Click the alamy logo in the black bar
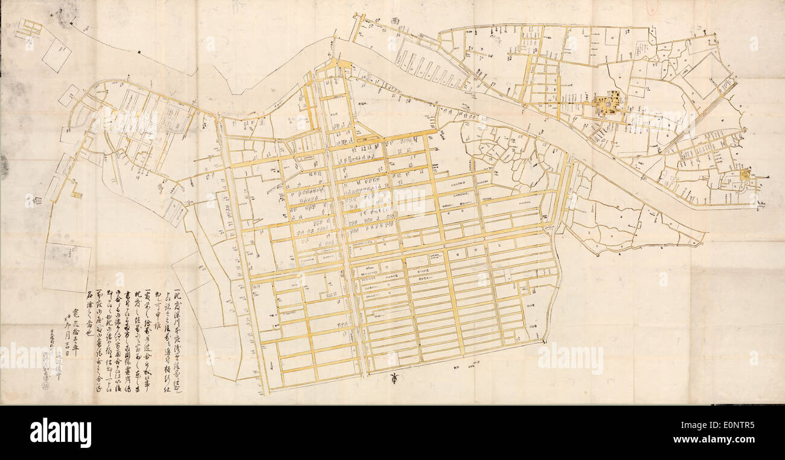point(60,433)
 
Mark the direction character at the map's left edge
point(28,199)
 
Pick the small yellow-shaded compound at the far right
point(745,175)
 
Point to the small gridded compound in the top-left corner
point(28,28)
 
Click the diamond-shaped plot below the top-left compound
point(56,55)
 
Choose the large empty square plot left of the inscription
point(66,267)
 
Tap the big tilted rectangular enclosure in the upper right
point(705,76)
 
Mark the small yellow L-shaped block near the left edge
point(76,194)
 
